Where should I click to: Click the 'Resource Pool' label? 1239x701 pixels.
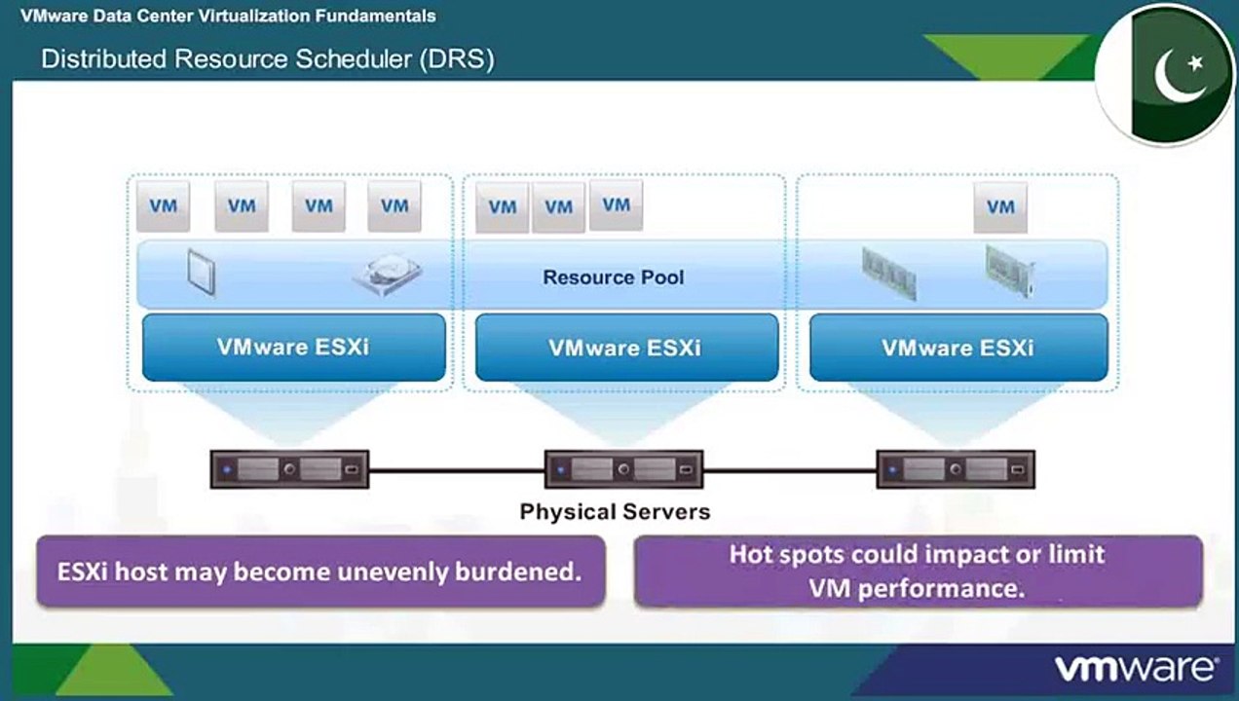[613, 277]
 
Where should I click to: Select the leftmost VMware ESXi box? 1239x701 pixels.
[294, 348]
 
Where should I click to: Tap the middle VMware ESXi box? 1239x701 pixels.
[626, 348]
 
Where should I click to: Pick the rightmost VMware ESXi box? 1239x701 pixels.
[958, 348]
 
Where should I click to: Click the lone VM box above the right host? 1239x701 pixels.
[1000, 207]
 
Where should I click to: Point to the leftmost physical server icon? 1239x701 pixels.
[290, 469]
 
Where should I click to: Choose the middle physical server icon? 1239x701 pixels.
[624, 469]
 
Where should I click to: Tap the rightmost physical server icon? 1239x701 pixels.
[956, 469]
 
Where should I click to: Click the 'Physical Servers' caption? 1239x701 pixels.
[615, 511]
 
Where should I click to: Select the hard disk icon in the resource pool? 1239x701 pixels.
[388, 275]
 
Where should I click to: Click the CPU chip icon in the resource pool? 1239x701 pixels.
[202, 274]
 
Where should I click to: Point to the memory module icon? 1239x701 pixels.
[889, 274]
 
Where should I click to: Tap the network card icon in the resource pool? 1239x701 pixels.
[1010, 272]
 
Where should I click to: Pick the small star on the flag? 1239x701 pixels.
[1196, 63]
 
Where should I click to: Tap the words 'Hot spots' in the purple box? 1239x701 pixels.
[786, 555]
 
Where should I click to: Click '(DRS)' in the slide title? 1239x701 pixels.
[457, 59]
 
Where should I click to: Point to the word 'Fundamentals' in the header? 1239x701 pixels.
[376, 16]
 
